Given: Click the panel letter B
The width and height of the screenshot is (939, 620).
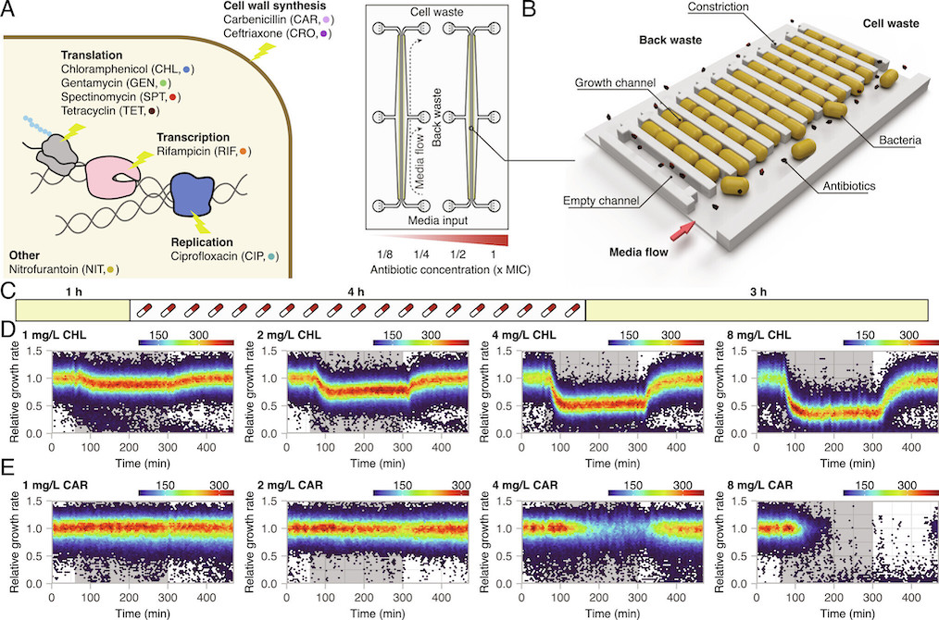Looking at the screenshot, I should [x=528, y=11].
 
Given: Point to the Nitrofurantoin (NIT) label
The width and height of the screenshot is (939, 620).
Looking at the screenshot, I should [x=62, y=268].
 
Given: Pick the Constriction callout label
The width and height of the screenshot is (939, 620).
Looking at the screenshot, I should [x=726, y=8].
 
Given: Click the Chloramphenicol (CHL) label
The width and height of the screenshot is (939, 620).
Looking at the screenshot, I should [x=129, y=69].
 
